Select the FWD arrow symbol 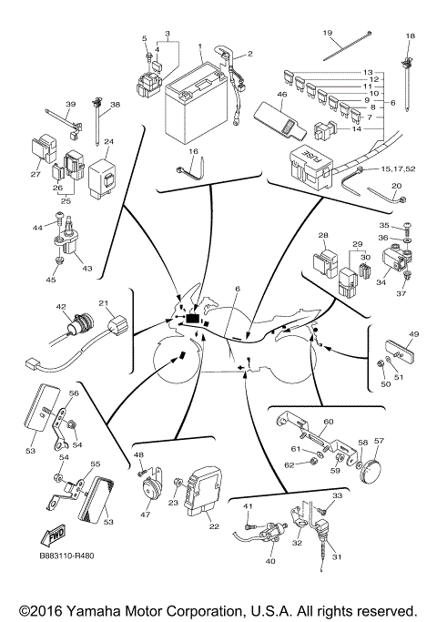coord(53,535)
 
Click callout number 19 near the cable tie coord(328,33)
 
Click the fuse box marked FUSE coord(310,161)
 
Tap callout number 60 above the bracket coord(329,422)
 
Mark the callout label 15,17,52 coord(398,169)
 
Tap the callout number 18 coord(409,36)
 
